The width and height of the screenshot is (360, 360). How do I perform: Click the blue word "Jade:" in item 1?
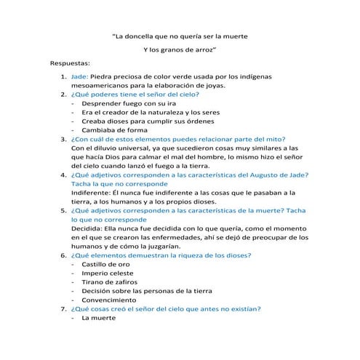80,76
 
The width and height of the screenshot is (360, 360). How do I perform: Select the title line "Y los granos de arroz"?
180,49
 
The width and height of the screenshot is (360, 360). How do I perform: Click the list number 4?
63,174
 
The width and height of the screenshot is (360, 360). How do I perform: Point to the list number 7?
63,308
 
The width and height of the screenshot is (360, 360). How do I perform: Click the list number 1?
63,76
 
